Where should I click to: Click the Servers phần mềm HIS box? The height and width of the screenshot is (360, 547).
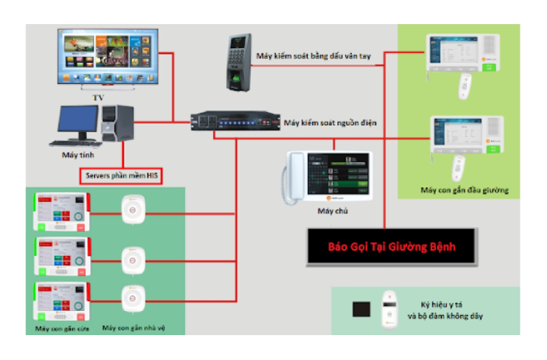coord(121,174)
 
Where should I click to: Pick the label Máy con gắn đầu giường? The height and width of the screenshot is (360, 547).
coord(464,190)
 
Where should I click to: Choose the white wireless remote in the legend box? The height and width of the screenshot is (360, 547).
coord(390,309)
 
